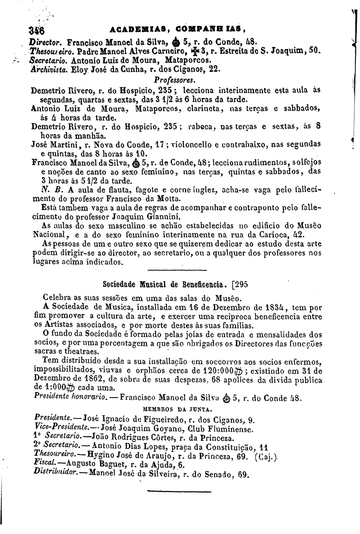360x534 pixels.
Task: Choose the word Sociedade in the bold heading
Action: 120,283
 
